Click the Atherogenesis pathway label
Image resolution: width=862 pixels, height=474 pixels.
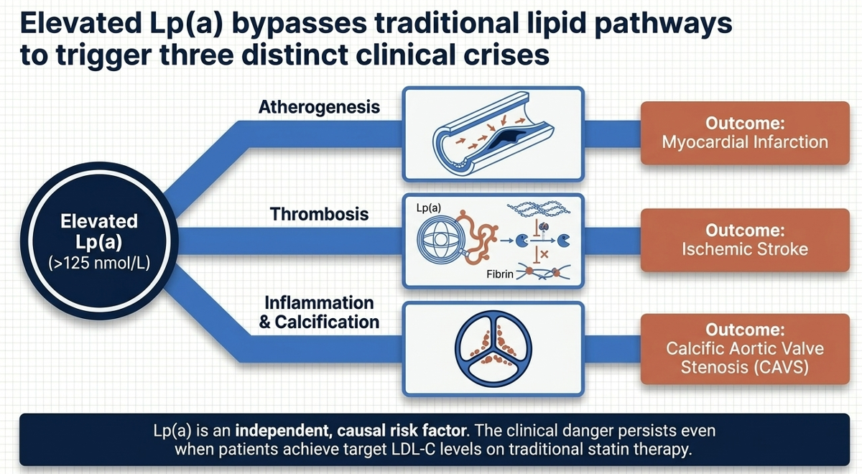[x=319, y=108]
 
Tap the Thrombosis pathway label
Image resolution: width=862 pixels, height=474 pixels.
[x=320, y=213]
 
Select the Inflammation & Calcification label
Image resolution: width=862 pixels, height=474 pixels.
[x=318, y=312]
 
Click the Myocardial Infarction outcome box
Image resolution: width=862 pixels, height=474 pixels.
[x=744, y=133]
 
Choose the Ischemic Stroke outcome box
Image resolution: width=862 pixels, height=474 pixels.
[x=744, y=240]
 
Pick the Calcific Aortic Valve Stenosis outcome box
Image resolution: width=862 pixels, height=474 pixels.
[x=744, y=348]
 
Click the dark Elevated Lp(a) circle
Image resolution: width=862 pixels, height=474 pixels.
[x=99, y=241]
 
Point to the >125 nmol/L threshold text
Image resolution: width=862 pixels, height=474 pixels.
[x=99, y=263]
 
